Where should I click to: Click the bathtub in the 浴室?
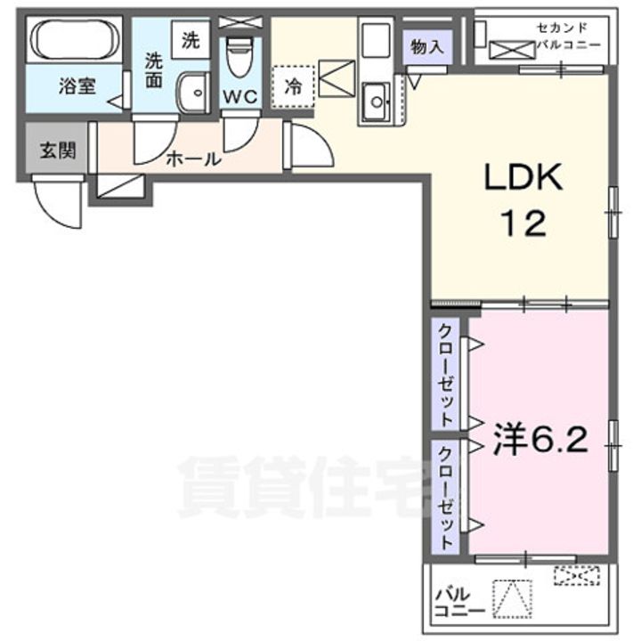pos(74,39)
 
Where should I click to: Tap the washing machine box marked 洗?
pos(191,40)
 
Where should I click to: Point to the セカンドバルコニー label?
pos(567,37)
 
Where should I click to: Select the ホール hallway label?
pos(194,159)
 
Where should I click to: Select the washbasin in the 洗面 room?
pos(191,95)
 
